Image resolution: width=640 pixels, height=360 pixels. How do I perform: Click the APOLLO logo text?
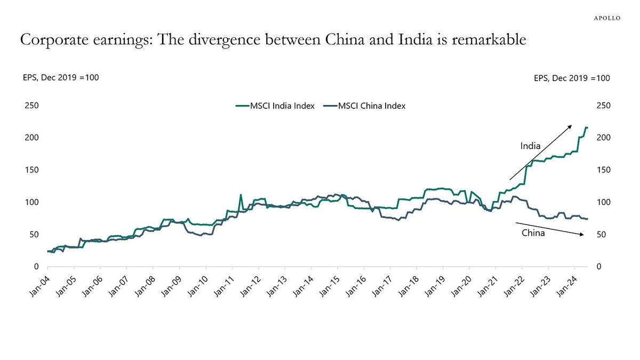[x=607, y=18]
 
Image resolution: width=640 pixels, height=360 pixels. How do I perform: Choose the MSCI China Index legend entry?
[x=372, y=106]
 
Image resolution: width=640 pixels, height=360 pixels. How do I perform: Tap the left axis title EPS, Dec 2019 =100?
[x=54, y=77]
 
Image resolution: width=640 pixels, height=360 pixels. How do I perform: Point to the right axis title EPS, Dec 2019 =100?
[x=572, y=78]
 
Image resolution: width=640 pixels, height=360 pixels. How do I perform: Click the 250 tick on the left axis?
[x=31, y=106]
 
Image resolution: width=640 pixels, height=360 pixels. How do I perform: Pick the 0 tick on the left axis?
[x=36, y=267]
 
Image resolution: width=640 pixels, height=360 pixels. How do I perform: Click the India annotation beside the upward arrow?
[x=531, y=146]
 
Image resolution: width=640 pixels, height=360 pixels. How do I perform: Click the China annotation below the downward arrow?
[x=533, y=233]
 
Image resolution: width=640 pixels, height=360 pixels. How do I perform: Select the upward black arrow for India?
[x=540, y=153]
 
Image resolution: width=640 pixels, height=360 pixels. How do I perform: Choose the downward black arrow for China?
[x=550, y=228]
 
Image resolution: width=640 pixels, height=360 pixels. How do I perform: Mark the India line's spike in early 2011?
[x=241, y=195]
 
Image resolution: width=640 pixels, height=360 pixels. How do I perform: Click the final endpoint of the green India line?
[x=587, y=127]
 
